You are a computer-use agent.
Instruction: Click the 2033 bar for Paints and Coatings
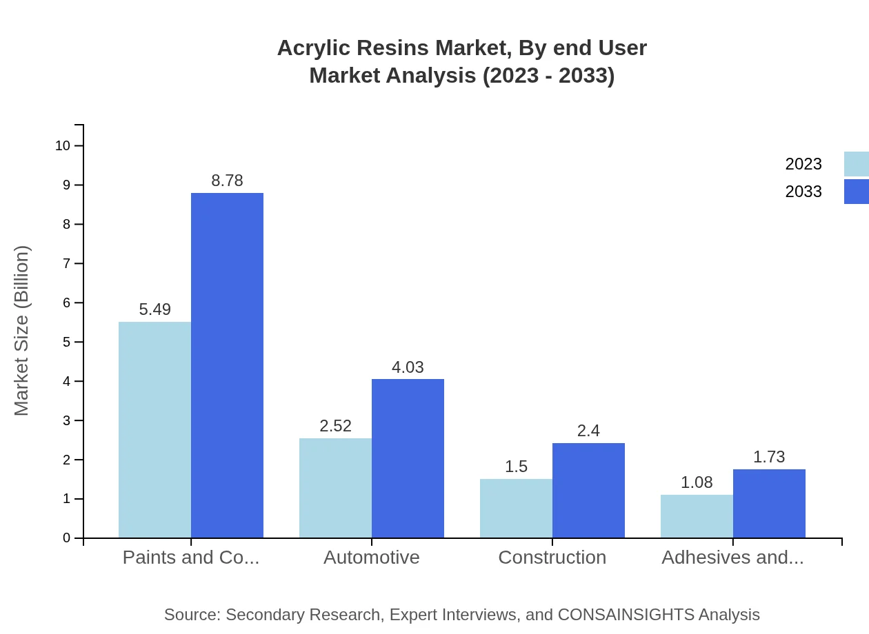coord(227,365)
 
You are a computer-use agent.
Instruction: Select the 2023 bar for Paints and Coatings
coord(154,430)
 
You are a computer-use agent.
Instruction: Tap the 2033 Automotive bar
coord(408,458)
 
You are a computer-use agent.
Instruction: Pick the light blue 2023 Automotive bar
coord(335,488)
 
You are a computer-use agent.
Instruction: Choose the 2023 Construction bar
coord(516,508)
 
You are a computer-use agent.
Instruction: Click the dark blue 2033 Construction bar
coord(588,490)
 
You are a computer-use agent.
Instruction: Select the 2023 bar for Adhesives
coord(697,516)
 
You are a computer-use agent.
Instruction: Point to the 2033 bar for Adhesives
coord(769,503)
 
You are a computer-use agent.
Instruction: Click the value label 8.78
coord(227,181)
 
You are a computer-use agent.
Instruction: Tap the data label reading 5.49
coord(154,309)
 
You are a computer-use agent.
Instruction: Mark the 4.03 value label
coord(408,367)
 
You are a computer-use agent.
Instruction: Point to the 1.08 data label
coord(697,482)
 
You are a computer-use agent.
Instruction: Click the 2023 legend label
coord(803,164)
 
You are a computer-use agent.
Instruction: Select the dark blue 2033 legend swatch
coord(856,192)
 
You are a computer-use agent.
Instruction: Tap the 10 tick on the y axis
coord(63,145)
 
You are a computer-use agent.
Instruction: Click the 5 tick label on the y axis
coord(66,342)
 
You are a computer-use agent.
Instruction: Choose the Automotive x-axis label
coord(372,557)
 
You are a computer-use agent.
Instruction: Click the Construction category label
coord(552,557)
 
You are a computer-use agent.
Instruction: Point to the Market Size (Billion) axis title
coord(21,331)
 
